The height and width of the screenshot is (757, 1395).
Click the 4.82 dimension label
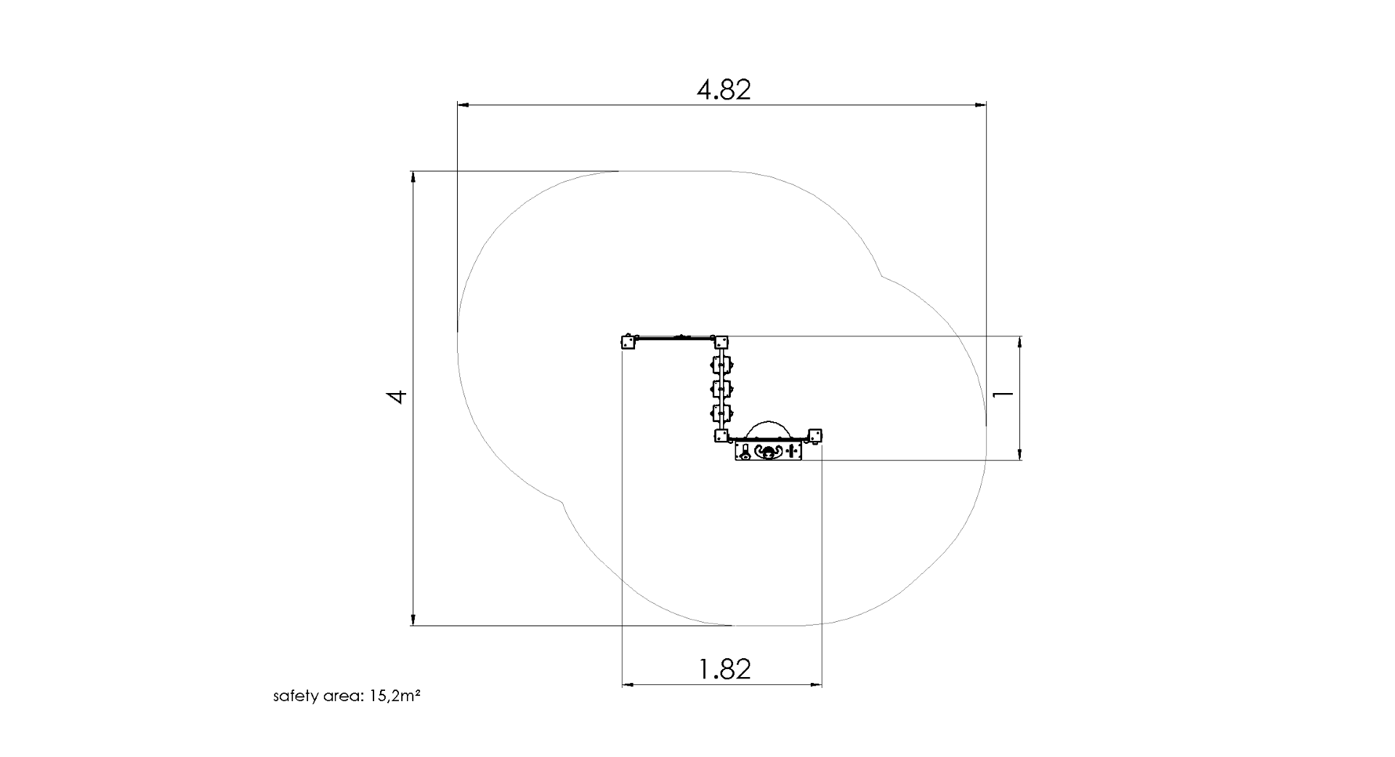[x=724, y=89]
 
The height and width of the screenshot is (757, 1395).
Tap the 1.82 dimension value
[x=724, y=668]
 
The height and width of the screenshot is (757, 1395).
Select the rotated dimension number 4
[x=396, y=397]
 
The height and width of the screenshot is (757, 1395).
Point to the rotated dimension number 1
[x=1003, y=394]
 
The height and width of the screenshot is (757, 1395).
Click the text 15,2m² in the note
[x=395, y=696]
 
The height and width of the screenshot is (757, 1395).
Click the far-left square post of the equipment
[x=628, y=342]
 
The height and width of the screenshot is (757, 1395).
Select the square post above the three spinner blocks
[x=721, y=342]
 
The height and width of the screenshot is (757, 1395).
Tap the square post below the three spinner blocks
[x=721, y=435]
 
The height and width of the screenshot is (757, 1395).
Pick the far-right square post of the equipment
[x=814, y=435]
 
